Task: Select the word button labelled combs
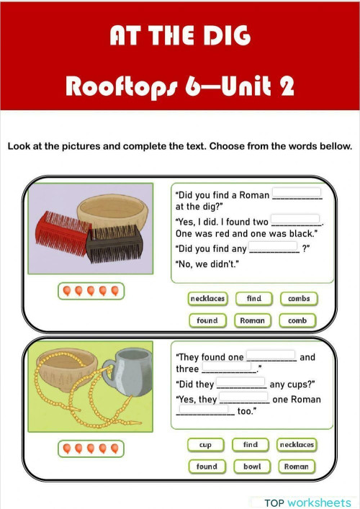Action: coord(298,298)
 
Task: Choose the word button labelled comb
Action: coord(297,320)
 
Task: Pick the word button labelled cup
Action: coord(205,445)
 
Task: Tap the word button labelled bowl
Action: coord(251,467)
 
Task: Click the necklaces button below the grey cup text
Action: coord(297,445)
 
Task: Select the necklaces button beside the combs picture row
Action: coord(207,298)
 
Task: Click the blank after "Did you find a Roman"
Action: coord(296,194)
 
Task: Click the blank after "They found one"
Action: coord(271,356)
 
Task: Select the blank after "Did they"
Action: coord(240,383)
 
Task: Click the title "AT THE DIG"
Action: coord(179,37)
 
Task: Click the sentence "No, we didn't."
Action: coord(207,263)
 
